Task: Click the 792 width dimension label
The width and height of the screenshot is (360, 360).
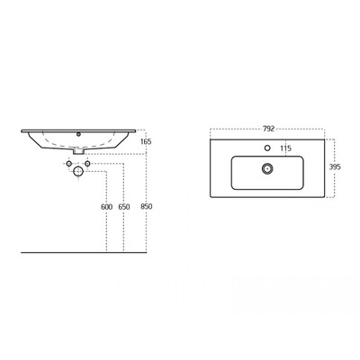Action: pos(268,129)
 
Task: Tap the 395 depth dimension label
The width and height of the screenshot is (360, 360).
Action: pos(335,167)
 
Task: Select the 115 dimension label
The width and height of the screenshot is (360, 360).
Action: pos(285,148)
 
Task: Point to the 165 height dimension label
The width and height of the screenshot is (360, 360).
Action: pos(146,141)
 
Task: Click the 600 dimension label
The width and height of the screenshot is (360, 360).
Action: pos(106,207)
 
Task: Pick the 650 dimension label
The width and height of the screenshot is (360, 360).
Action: pos(124,207)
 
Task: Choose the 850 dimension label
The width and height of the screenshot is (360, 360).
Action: pos(147,207)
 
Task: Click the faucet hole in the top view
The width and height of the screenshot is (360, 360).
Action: pos(267,148)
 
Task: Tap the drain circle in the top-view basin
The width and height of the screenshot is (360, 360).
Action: pos(267,168)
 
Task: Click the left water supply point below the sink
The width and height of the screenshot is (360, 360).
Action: pos(69,164)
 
